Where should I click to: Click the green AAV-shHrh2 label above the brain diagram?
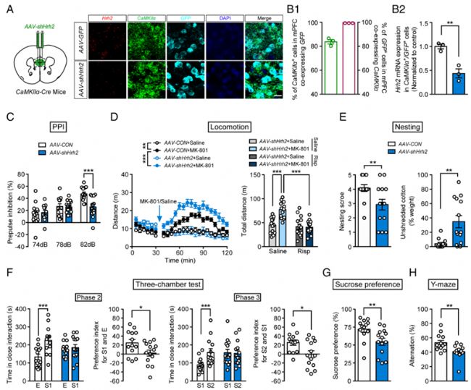tap(46, 12)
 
